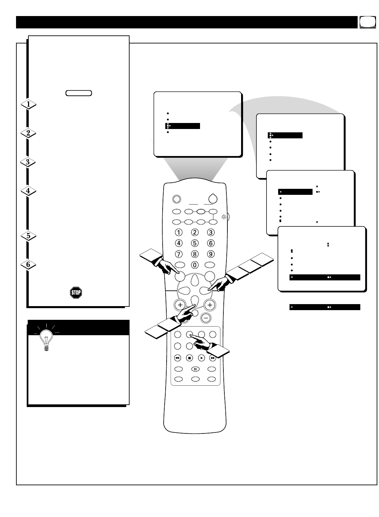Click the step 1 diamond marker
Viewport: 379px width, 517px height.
pyautogui.click(x=29, y=104)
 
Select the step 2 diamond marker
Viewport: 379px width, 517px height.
pyautogui.click(x=29, y=133)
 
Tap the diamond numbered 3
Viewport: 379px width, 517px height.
pyautogui.click(x=29, y=162)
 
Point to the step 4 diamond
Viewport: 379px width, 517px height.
pyautogui.click(x=29, y=191)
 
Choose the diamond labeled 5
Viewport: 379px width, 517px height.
pyautogui.click(x=29, y=236)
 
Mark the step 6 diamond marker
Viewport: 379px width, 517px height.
pyautogui.click(x=29, y=264)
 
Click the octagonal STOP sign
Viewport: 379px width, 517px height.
pyautogui.click(x=76, y=293)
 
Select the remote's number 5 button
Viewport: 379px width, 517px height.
pyautogui.click(x=195, y=243)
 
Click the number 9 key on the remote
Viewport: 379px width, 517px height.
pyautogui.click(x=210, y=254)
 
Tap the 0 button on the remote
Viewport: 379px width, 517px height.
pyautogui.click(x=195, y=265)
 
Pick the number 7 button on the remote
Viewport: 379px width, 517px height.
pyautogui.click(x=179, y=254)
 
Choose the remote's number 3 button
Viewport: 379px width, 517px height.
pyautogui.click(x=210, y=232)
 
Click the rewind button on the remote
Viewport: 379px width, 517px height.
pyautogui.click(x=177, y=358)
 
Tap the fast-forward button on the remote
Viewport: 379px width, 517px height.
pyautogui.click(x=213, y=358)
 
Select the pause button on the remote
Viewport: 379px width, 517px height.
pyautogui.click(x=195, y=369)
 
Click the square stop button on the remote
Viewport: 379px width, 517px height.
pyautogui.click(x=189, y=358)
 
